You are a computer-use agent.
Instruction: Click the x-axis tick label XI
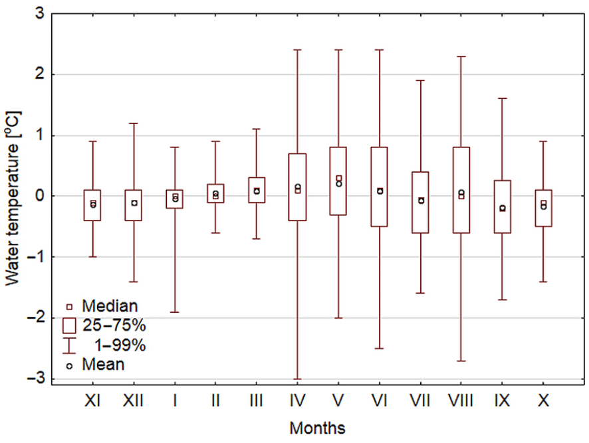click(93, 401)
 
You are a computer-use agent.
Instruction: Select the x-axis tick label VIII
click(461, 401)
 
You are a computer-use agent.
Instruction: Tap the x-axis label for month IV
click(297, 401)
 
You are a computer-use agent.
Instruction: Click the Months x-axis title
click(317, 427)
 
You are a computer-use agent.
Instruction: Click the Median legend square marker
click(68, 307)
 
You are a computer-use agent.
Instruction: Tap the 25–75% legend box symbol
click(68, 325)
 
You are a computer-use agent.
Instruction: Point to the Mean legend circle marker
click(68, 365)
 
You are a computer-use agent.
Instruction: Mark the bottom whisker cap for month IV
click(297, 379)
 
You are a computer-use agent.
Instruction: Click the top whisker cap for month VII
click(420, 80)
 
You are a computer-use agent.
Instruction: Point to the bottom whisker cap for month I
click(175, 311)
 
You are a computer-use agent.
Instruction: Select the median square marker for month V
click(338, 178)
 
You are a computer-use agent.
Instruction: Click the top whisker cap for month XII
click(134, 123)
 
